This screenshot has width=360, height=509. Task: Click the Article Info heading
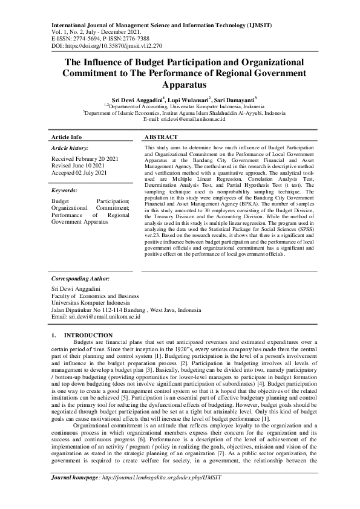point(67,137)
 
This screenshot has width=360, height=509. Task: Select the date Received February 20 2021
point(85,158)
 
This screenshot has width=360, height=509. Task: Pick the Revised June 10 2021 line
point(77,165)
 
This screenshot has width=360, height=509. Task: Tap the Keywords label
point(65,189)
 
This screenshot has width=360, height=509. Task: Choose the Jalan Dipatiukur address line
point(126,310)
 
